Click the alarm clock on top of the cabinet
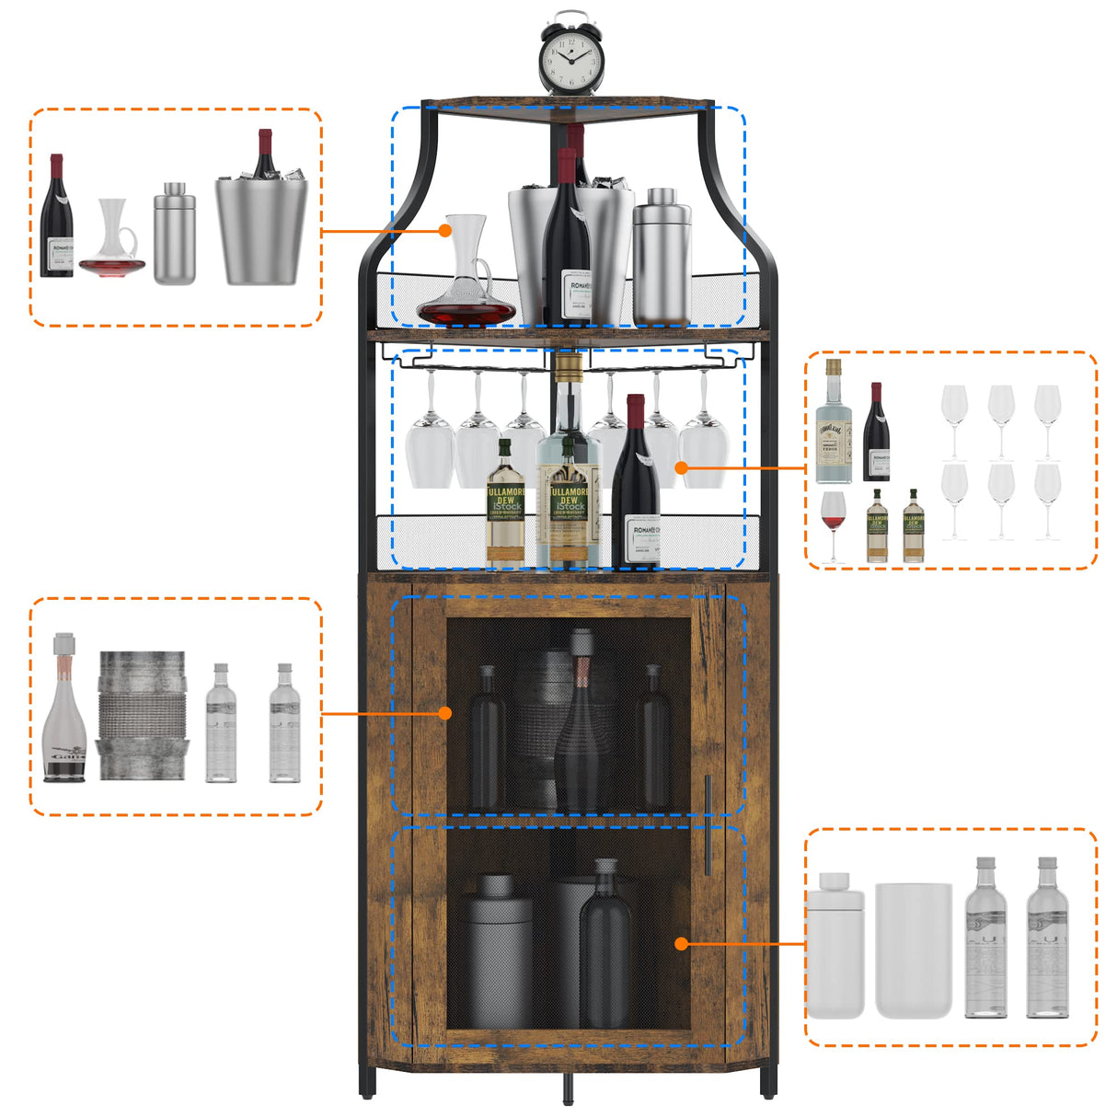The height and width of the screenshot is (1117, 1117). [x=570, y=55]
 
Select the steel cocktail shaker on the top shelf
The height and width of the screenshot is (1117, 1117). [x=661, y=258]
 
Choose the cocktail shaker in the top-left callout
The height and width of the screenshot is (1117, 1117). [x=174, y=235]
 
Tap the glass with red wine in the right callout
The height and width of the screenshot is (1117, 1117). [x=833, y=524]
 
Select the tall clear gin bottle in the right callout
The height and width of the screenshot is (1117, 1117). [x=833, y=423]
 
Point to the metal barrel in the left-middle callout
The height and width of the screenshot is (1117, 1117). [x=142, y=716]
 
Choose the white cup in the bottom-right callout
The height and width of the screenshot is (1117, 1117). [x=913, y=950]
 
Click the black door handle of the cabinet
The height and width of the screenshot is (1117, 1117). [x=708, y=824]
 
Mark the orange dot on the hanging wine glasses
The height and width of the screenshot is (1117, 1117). [x=682, y=467]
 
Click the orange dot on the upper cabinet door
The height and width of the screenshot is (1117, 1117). [x=445, y=713]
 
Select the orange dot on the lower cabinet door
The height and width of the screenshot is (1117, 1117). [x=681, y=943]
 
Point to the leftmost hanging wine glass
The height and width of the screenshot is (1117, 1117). [x=429, y=442]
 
